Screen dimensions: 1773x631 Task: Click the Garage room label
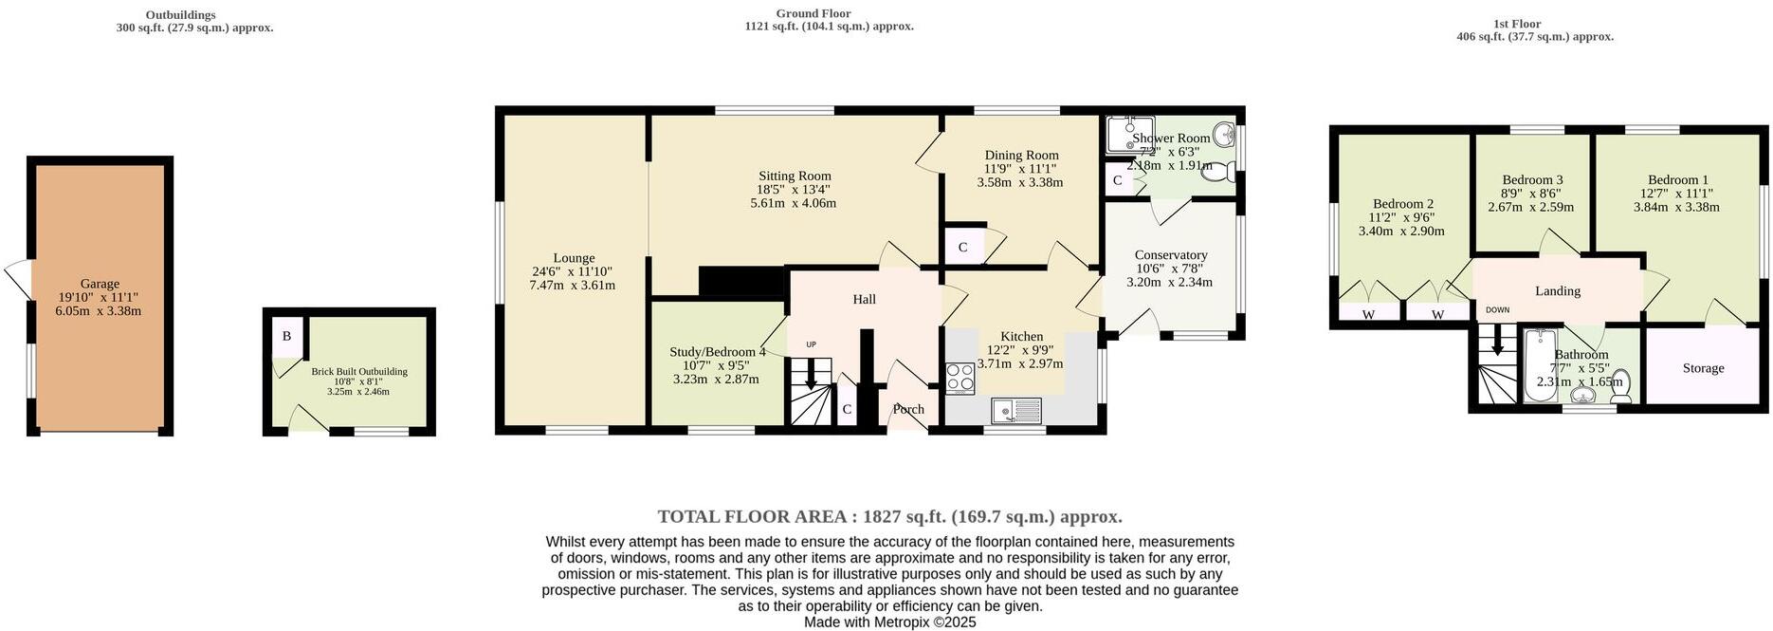(100, 284)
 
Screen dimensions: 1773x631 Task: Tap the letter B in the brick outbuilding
(286, 337)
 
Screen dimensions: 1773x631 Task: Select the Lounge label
(574, 258)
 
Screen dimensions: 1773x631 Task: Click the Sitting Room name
(795, 176)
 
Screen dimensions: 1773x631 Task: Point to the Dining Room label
(1021, 156)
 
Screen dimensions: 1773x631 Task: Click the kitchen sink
(1016, 411)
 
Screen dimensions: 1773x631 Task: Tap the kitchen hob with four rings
(960, 380)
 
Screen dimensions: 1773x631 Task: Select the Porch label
(908, 410)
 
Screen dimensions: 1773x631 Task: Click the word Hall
(864, 300)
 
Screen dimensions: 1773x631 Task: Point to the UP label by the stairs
(811, 344)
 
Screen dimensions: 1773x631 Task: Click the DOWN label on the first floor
(1497, 310)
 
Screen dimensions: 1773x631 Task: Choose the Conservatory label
(1171, 255)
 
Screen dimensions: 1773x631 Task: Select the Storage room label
(1703, 368)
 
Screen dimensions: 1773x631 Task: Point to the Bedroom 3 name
(1532, 180)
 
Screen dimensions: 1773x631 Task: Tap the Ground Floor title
(813, 13)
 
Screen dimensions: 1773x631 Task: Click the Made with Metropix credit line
(889, 622)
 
